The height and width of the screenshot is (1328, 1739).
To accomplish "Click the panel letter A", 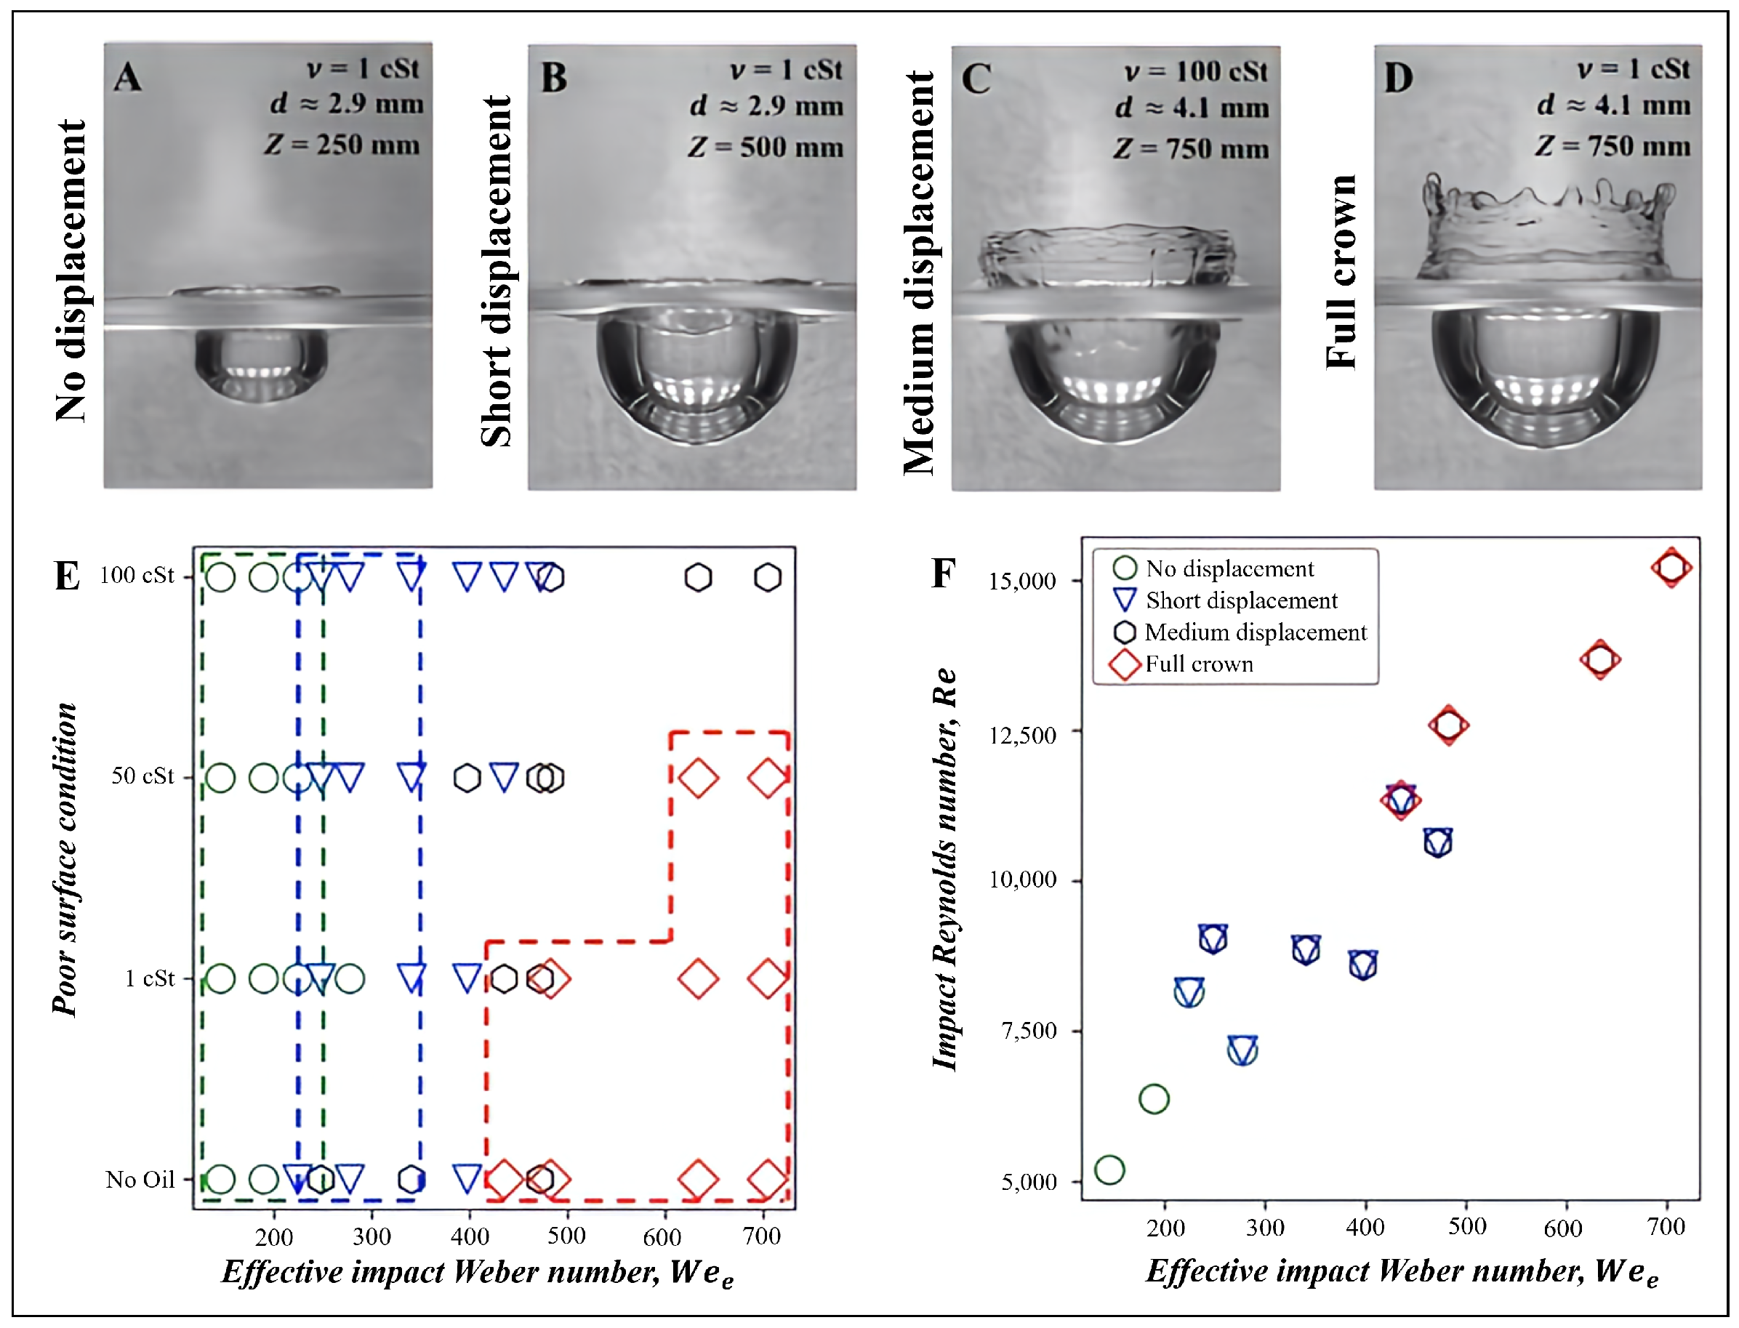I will (128, 78).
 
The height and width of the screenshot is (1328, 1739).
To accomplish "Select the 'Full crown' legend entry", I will (1198, 664).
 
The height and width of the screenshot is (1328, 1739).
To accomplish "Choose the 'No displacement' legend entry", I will (1229, 568).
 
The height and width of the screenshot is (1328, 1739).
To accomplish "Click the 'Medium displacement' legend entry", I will (1255, 632).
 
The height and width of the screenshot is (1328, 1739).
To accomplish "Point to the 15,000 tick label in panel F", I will (1022, 581).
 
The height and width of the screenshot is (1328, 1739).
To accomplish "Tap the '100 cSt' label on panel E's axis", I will (137, 576).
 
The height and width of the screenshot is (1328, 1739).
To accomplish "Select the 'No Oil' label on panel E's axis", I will (140, 1180).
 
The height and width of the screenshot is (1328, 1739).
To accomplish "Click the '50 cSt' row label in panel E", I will (142, 776).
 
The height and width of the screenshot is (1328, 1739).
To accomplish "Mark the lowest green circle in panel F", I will (1110, 1170).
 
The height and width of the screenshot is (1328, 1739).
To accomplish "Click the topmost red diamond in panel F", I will (1671, 568).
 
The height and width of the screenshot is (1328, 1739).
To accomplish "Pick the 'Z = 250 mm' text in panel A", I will (342, 145).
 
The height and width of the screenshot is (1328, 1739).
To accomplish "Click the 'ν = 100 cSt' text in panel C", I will (1195, 72).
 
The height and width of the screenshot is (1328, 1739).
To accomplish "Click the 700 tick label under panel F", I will (1666, 1228).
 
